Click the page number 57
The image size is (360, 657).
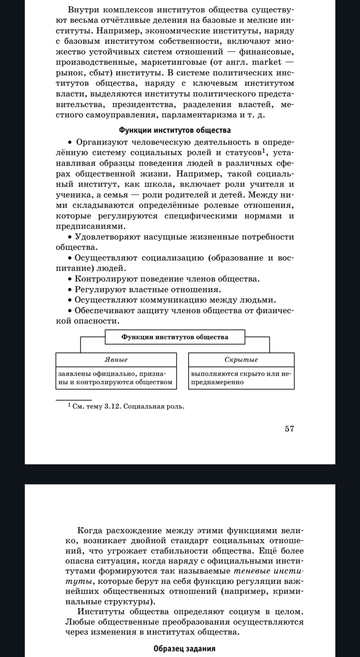(289, 429)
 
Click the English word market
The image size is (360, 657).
(267, 62)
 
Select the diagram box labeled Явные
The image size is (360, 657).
(116, 360)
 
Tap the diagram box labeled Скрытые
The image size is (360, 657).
(241, 360)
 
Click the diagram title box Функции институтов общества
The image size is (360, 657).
(175, 337)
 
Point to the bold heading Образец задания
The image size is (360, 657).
(184, 648)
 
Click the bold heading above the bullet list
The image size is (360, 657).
(175, 130)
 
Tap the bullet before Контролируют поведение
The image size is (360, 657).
(70, 280)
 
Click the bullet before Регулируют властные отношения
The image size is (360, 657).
(70, 290)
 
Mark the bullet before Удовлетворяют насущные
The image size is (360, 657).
(70, 237)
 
